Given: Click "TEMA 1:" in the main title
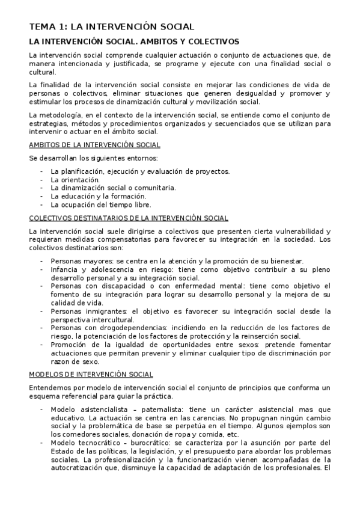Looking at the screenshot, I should coord(48,26).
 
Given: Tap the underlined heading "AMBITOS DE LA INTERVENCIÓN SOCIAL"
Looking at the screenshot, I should coord(94,145).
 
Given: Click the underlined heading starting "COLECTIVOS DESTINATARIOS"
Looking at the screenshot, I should coord(128,218).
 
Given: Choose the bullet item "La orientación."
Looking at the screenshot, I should coord(75,179).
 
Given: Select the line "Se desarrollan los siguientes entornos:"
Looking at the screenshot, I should coord(93,158).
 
